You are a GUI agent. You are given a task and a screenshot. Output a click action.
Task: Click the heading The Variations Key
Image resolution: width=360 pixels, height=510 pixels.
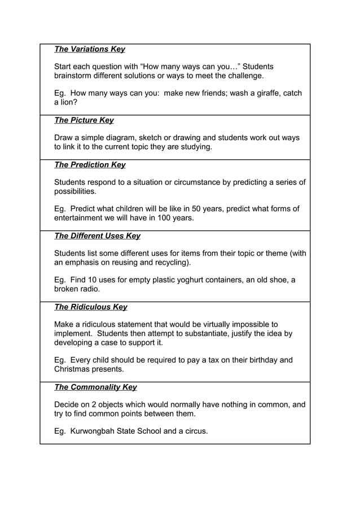pos(89,49)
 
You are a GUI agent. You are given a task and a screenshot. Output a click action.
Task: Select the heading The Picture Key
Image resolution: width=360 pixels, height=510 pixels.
pos(84,120)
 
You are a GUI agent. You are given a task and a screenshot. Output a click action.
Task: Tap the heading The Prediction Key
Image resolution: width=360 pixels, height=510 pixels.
pos(90,165)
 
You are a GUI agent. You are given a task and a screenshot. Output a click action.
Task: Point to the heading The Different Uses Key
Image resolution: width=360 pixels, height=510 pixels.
pos(97,236)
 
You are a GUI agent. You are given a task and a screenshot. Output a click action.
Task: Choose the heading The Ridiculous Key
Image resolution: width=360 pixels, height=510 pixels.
pos(90,307)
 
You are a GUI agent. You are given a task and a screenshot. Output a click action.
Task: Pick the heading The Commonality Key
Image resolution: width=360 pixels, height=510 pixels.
pos(95,387)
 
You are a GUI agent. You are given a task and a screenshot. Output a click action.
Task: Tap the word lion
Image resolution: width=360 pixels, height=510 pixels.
pos(69,102)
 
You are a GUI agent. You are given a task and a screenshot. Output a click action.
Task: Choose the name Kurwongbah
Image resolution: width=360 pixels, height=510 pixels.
pos(91,431)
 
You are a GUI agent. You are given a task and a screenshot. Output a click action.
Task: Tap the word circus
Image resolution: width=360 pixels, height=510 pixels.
pos(194,431)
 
